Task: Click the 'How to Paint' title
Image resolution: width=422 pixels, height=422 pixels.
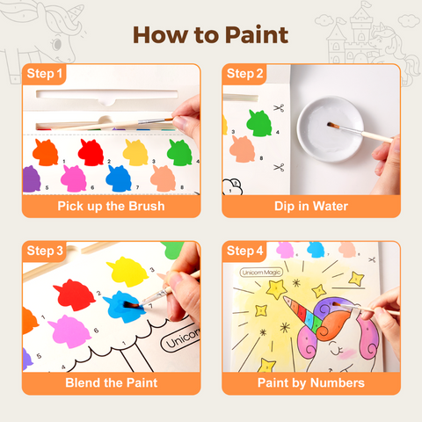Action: pos(211,35)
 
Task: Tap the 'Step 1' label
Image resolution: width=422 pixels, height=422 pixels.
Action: pos(45,74)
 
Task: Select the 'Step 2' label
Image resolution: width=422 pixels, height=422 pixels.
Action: pos(244,74)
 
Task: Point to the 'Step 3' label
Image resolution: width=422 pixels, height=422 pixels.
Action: pos(45,251)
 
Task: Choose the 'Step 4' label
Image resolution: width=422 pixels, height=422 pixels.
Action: pos(244,251)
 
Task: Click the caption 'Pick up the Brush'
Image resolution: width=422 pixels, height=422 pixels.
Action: pos(111,206)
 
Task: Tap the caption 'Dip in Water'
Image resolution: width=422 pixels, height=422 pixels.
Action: pos(311,206)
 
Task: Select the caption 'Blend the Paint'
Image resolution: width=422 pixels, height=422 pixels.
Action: pos(112,382)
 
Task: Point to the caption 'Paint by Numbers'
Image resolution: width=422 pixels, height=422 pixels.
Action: pos(311,383)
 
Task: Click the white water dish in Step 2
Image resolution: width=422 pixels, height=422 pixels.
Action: pos(331,129)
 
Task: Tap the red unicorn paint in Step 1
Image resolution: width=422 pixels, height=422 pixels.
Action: pos(91,152)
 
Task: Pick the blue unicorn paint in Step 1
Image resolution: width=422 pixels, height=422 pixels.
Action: pos(119,178)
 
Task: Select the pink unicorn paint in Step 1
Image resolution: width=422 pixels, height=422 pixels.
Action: pos(74,178)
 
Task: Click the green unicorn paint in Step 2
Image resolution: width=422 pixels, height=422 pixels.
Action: pos(259,123)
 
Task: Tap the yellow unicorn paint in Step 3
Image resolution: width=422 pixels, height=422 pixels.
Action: pos(127,272)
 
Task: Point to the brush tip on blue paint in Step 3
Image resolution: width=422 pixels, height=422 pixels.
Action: pos(129,305)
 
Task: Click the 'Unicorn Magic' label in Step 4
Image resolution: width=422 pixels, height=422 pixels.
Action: pos(261,273)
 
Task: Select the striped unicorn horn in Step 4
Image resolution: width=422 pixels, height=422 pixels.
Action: pos(302,315)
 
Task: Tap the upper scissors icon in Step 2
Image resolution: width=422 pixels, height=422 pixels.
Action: pos(279,108)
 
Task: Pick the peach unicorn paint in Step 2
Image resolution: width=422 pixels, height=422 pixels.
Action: pos(242,149)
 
